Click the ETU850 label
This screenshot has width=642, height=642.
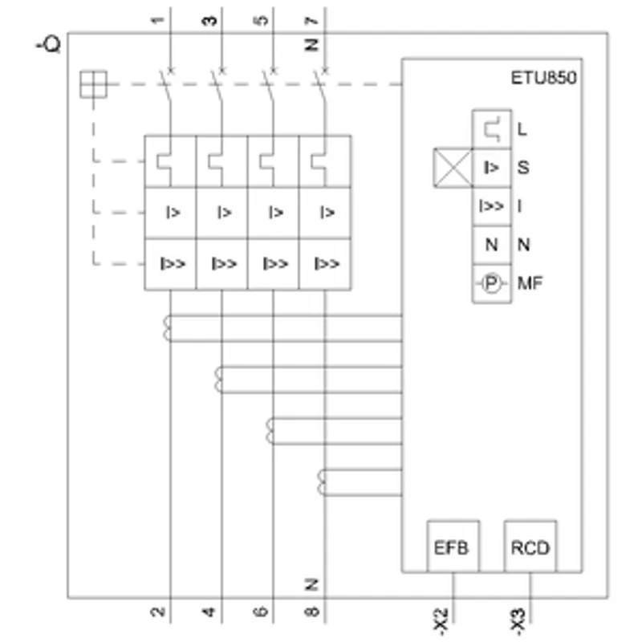[x=543, y=78]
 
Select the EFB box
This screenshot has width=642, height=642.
[x=453, y=547]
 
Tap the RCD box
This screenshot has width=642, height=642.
[x=530, y=547]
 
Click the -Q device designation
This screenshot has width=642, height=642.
[x=49, y=44]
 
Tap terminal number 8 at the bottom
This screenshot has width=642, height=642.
[x=312, y=612]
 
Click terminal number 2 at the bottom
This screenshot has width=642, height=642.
[x=158, y=612]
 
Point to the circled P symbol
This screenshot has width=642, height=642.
[x=491, y=283]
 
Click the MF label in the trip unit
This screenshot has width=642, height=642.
[x=530, y=283]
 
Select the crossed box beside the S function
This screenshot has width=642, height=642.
[x=453, y=168]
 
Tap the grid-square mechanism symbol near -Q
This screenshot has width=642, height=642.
[x=93, y=84]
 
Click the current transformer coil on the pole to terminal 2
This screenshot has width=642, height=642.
[x=167, y=328]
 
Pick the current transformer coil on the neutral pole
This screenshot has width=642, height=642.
[x=322, y=482]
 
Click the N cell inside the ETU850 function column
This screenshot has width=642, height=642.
[x=491, y=245]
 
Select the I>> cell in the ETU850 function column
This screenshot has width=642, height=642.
[x=491, y=206]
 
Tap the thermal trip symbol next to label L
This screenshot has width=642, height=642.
[x=492, y=129]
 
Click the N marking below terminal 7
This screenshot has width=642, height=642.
[x=312, y=45]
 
